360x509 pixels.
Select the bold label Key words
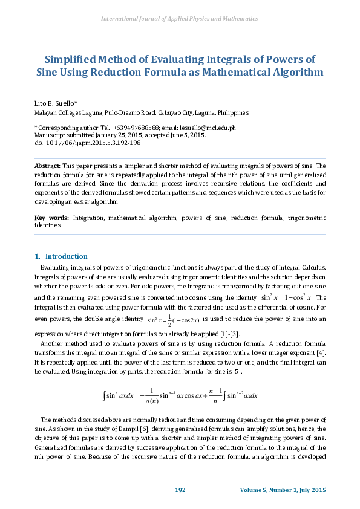click(51, 217)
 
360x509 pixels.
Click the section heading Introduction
click(66, 256)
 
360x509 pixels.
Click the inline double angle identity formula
click(174, 320)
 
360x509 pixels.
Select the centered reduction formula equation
click(180, 395)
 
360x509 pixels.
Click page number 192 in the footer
click(180, 490)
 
